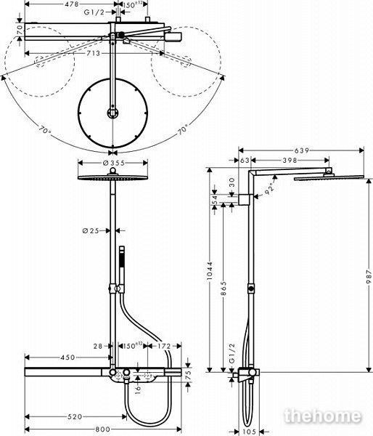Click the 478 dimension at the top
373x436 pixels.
pyautogui.click(x=72, y=4)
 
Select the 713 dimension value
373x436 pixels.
pyautogui.click(x=93, y=53)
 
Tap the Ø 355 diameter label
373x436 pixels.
pyautogui.click(x=114, y=163)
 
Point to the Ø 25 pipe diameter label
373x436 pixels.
pyautogui.click(x=91, y=230)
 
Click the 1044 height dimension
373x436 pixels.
pyautogui.click(x=210, y=270)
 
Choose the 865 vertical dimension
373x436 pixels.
pyautogui.click(x=224, y=288)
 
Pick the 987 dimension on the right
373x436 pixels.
pyautogui.click(x=369, y=276)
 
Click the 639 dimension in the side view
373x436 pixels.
pyautogui.click(x=302, y=150)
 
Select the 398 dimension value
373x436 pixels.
pyautogui.click(x=290, y=160)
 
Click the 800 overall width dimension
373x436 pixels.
pyautogui.click(x=103, y=429)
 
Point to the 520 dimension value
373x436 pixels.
pyautogui.click(x=75, y=416)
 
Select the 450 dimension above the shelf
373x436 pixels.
pyautogui.click(x=67, y=358)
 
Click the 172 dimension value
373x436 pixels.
pyautogui.click(x=164, y=346)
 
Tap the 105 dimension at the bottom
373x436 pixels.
pyautogui.click(x=249, y=432)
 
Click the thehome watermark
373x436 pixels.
pyautogui.click(x=323, y=416)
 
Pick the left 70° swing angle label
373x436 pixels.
pyautogui.click(x=45, y=130)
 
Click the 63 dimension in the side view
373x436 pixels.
pyautogui.click(x=245, y=160)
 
